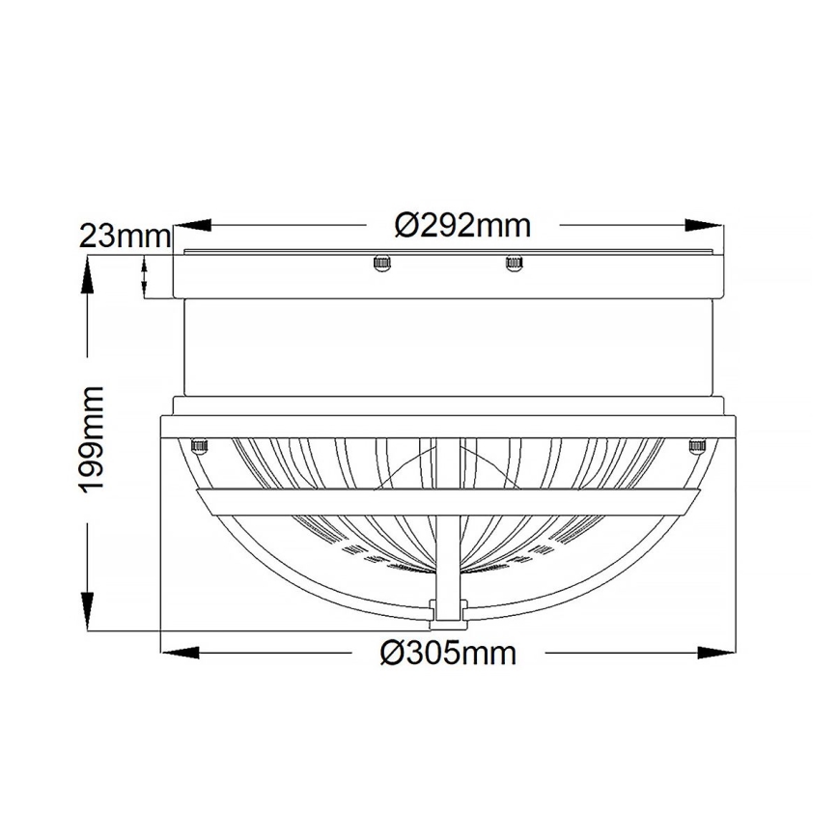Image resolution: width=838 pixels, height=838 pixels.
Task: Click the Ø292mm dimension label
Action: click(x=463, y=226)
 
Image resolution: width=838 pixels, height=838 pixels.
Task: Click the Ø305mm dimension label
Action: click(x=448, y=654)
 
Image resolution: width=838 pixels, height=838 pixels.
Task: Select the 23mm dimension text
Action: click(x=125, y=236)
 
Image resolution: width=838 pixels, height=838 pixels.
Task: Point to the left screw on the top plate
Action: click(x=381, y=262)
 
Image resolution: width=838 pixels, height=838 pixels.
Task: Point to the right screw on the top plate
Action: click(x=513, y=262)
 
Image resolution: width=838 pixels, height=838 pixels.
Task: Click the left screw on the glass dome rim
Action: click(x=200, y=445)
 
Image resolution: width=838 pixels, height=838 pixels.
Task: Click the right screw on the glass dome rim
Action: click(x=696, y=445)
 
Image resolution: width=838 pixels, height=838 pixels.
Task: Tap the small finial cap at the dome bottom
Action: click(x=447, y=609)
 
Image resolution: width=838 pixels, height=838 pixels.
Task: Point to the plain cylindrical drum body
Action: click(x=447, y=348)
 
